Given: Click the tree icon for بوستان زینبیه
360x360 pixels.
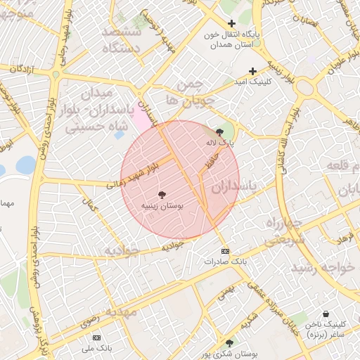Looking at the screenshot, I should click(162, 194).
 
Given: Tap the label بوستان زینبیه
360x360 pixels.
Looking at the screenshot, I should click(162, 207).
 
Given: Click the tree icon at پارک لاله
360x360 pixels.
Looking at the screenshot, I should click(219, 131).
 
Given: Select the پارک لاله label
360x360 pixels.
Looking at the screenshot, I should click(220, 142).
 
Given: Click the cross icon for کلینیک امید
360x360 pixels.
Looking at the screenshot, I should click(253, 72).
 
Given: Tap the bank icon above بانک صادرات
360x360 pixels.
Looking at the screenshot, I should click(224, 251).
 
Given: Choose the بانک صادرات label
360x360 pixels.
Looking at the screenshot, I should click(224, 262).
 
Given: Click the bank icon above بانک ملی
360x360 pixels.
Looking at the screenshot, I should click(97, 337).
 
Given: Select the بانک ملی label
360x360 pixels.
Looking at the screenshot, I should click(97, 348).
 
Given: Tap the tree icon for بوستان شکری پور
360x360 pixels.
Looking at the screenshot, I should click(229, 344).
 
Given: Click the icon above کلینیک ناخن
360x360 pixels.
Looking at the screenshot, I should click(325, 314).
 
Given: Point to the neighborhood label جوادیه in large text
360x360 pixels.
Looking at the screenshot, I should click(119, 250).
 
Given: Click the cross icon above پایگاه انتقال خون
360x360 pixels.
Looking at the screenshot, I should click(231, 24).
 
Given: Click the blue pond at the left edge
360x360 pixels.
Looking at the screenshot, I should click(26, 165).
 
